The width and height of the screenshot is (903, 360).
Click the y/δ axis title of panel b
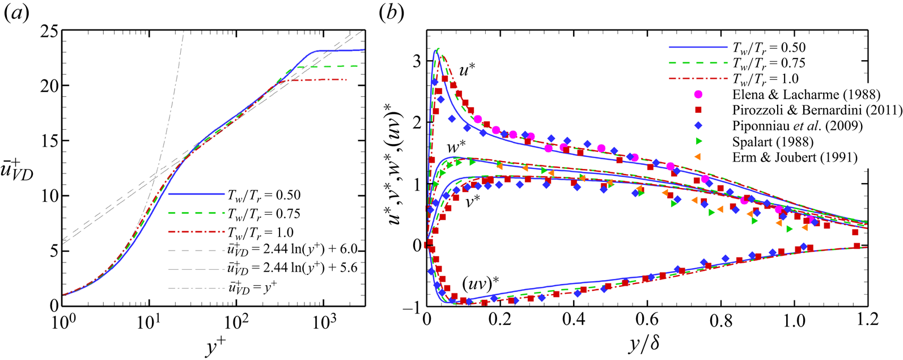(x=646, y=344)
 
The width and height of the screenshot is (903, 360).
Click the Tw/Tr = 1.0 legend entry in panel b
(x=764, y=79)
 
